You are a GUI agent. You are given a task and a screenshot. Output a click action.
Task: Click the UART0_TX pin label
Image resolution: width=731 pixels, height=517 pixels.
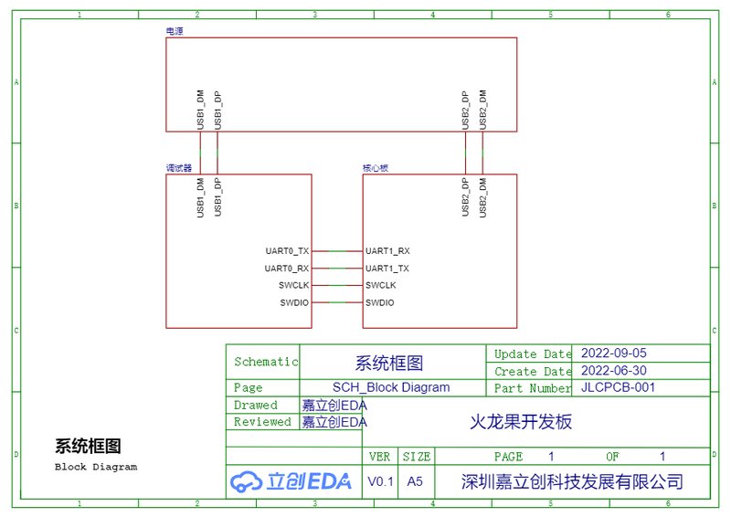point(287,251)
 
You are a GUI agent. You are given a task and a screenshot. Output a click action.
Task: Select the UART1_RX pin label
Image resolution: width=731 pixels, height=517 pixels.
point(387,251)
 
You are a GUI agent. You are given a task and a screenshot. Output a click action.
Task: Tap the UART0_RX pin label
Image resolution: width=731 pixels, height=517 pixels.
point(287,269)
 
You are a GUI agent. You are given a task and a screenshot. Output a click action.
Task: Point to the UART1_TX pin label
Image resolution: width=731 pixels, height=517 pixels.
point(387,269)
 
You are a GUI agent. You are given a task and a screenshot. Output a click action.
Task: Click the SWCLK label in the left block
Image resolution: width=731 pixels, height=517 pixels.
point(293,285)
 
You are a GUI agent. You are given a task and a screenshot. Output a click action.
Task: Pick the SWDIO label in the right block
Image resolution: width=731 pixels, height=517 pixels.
point(379,303)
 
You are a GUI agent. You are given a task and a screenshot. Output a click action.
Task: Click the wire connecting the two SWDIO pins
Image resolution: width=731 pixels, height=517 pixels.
point(337,302)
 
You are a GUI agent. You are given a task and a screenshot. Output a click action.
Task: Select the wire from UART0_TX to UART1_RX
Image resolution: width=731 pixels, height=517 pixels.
point(337,251)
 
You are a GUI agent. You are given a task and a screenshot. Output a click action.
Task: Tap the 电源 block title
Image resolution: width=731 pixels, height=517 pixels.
point(175,31)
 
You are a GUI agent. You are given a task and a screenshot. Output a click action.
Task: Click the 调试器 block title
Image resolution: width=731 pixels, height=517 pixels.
point(179,168)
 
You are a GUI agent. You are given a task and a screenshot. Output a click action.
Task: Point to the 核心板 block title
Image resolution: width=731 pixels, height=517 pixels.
point(376,168)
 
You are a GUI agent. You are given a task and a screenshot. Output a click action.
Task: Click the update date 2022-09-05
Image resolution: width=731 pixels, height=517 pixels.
point(613,353)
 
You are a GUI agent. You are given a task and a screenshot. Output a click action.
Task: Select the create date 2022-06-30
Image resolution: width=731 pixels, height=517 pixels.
point(613,371)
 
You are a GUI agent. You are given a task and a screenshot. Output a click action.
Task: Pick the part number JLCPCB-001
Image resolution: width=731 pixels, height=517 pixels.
point(619,387)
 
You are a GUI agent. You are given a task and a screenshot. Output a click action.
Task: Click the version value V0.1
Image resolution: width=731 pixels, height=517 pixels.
point(380,481)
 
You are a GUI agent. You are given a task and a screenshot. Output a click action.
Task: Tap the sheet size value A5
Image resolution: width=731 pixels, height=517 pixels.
point(415,481)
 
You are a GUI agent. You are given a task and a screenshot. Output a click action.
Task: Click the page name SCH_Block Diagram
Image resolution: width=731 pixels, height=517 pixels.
point(391,387)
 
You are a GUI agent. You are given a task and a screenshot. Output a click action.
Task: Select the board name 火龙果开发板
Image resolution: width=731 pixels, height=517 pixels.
point(521,422)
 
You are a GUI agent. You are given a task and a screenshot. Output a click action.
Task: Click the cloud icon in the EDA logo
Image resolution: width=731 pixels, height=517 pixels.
point(246,481)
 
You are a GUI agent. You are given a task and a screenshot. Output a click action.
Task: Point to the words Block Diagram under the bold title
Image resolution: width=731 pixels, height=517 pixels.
point(96,467)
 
